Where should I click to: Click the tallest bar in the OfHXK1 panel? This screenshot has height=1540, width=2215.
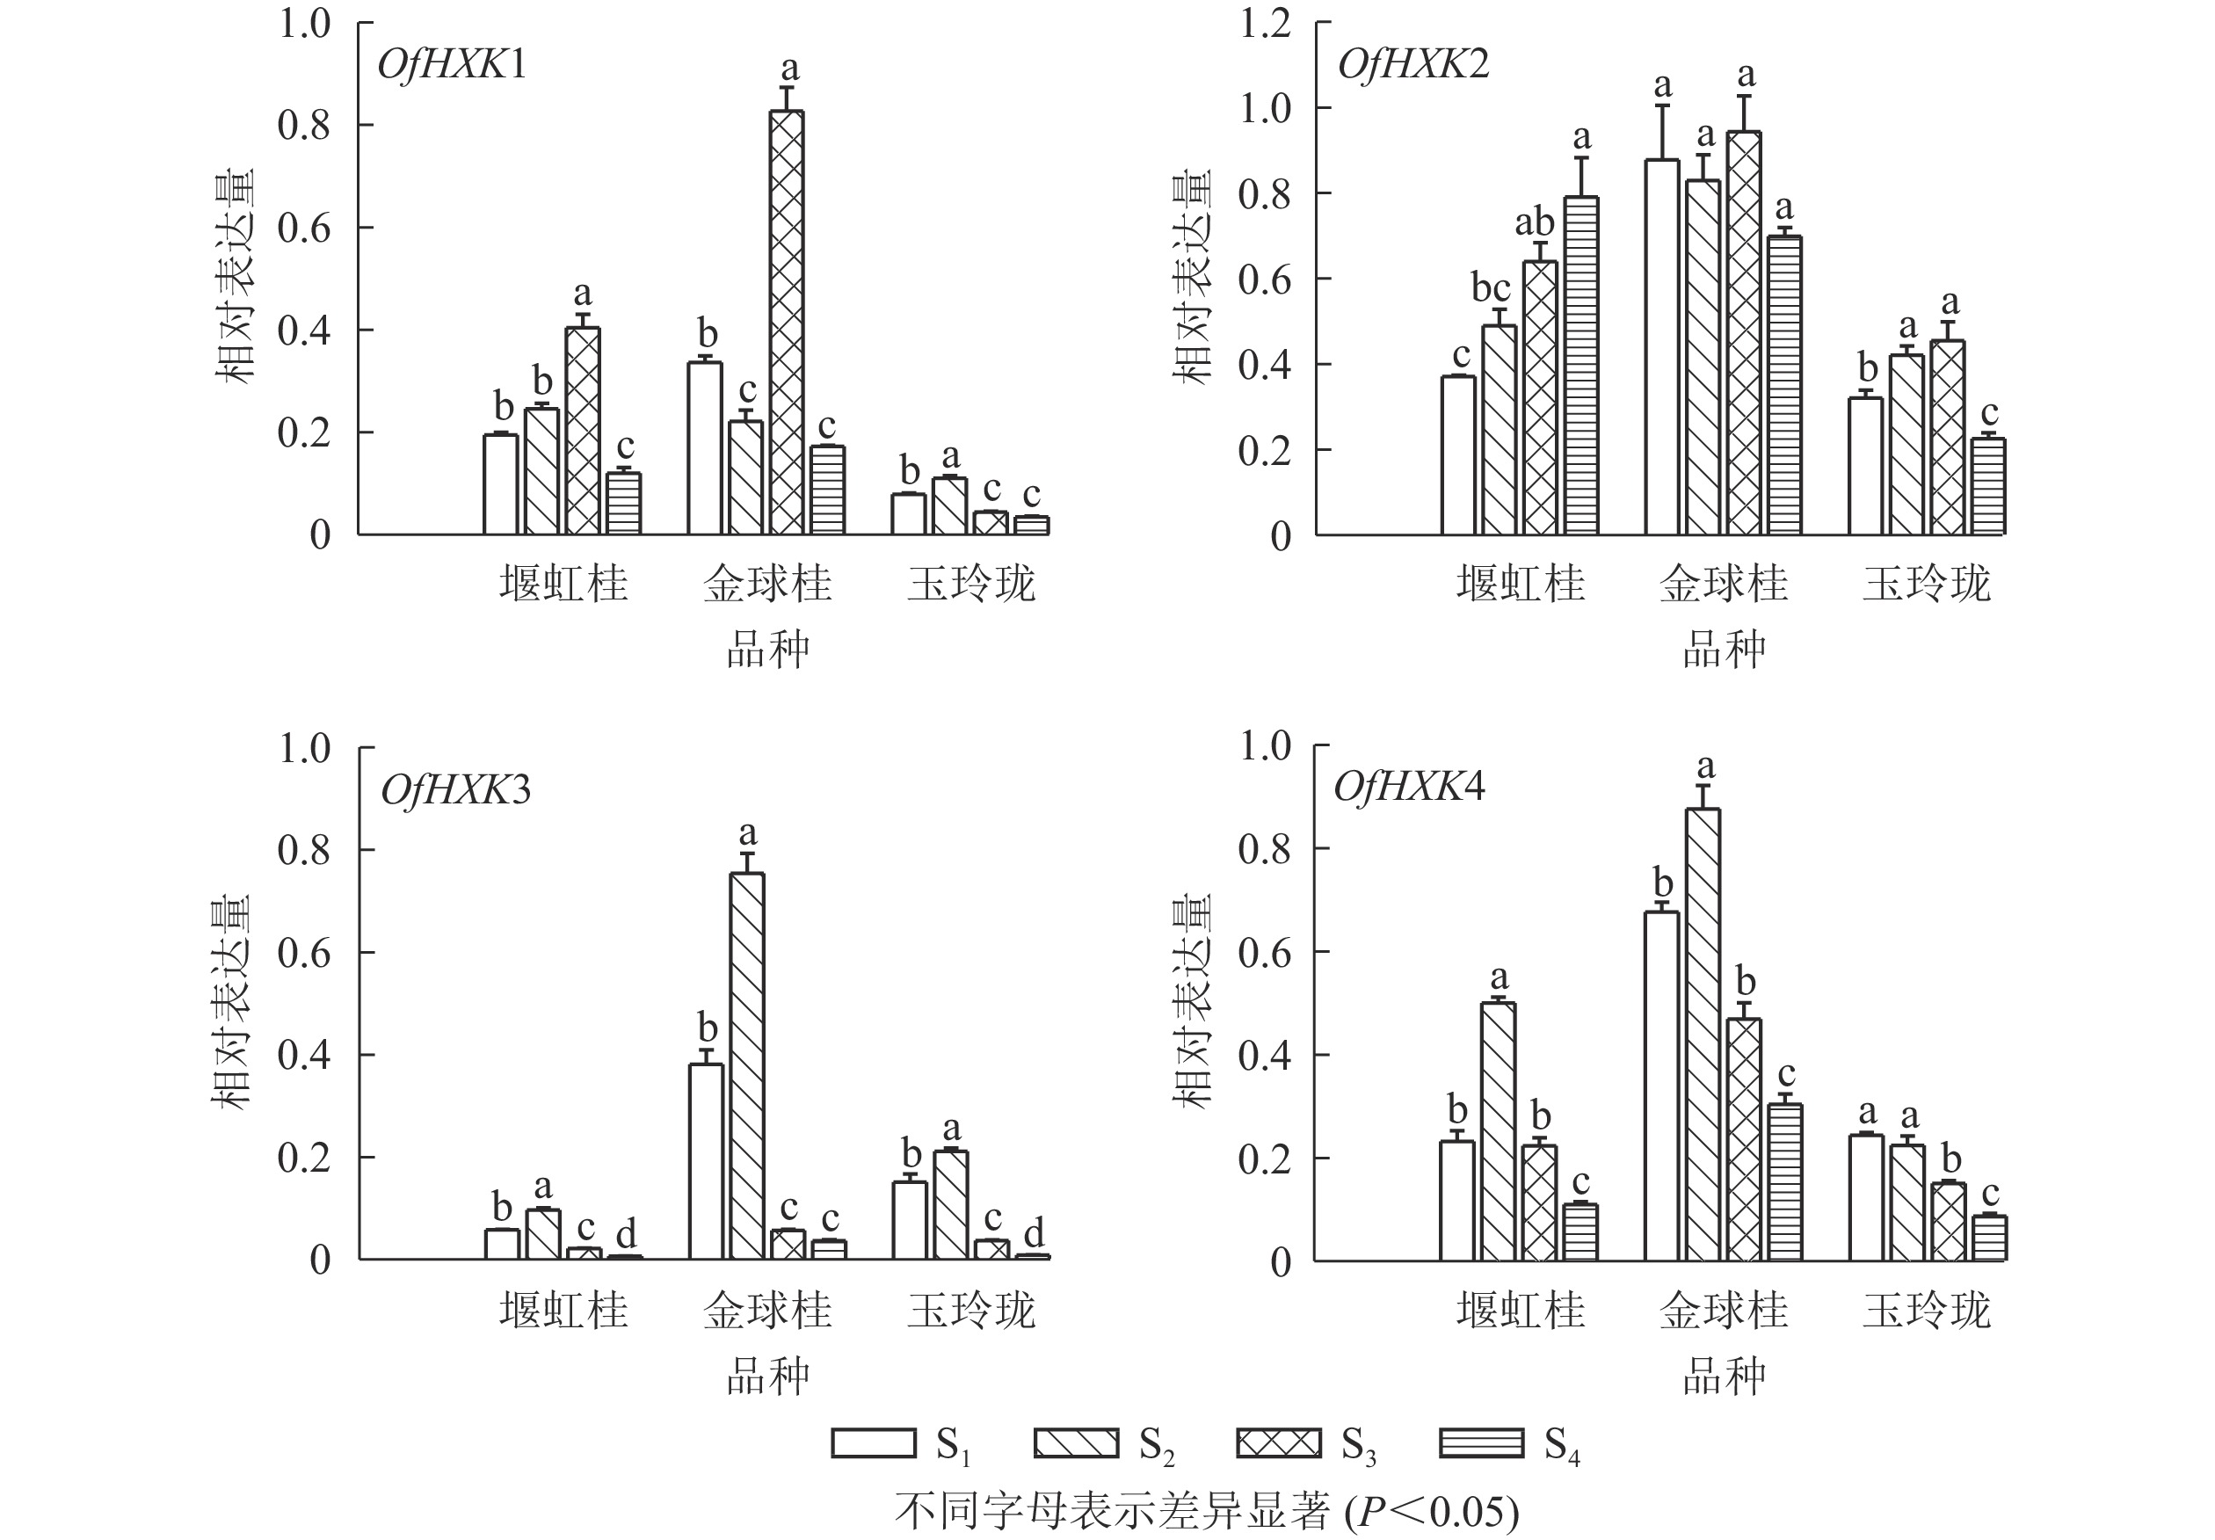coord(787,323)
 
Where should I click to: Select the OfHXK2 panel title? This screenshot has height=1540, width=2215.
coord(1413,65)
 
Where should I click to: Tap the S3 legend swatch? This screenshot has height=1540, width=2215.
coord(1278,1442)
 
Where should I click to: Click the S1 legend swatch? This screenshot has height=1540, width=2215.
coord(873,1442)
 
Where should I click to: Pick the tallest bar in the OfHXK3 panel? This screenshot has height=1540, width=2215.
coord(747,1065)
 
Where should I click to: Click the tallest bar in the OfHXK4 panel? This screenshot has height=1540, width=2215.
coord(1703,1035)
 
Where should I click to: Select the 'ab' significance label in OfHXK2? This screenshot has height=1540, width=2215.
coord(1534,223)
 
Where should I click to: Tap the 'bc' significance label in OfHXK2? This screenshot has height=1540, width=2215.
coord(1491,287)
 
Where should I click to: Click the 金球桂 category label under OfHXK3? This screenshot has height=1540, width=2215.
coord(767,1311)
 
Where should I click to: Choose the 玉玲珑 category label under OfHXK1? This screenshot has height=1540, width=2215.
coord(970,584)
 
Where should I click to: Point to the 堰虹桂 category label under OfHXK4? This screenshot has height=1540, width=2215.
coord(1521,1311)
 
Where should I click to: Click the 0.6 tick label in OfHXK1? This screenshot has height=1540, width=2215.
coord(304,229)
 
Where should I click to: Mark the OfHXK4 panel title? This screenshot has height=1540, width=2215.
coord(1408,788)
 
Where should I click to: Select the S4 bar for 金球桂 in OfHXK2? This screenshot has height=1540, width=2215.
coord(1784,385)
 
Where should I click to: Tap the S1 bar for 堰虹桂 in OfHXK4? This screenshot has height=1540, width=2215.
coord(1456,1201)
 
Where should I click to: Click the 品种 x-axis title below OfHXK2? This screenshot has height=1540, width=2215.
coord(1724,650)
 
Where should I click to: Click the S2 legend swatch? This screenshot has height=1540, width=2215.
coord(1076,1442)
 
